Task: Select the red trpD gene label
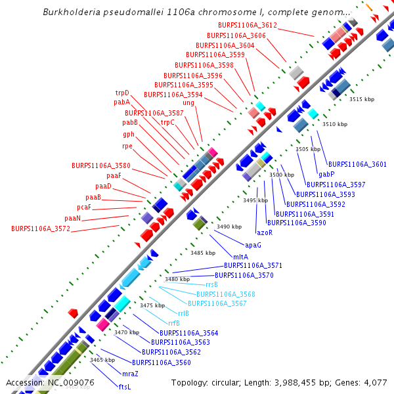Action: (x=122, y=93)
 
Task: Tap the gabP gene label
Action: (x=326, y=174)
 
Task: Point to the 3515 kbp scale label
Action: (x=362, y=99)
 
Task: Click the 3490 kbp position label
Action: (x=229, y=227)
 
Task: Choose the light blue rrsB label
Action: (x=211, y=284)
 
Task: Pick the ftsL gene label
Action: (x=124, y=387)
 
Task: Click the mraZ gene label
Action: (x=130, y=373)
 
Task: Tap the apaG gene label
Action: (x=253, y=245)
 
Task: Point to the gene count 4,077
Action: (x=374, y=382)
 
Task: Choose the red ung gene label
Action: (x=188, y=103)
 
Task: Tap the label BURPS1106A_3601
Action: (x=357, y=164)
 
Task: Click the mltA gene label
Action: (x=240, y=256)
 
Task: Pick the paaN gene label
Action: (x=72, y=218)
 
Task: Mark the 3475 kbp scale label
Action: (x=152, y=305)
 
